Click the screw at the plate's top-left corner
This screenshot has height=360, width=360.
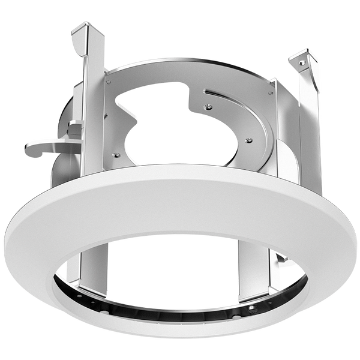[x=109, y=77]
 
